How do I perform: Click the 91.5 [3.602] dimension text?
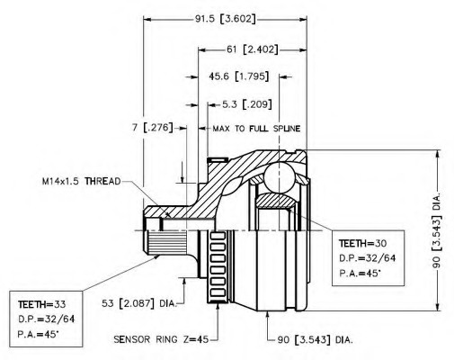pos(226,19)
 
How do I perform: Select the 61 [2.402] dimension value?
pos(252,49)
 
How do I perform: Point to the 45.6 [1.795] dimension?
pos(238,76)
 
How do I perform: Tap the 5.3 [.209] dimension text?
pos(247,104)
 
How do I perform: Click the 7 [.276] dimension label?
pos(153,128)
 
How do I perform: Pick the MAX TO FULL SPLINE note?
pos(256,129)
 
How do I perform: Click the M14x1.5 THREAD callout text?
pos(81,181)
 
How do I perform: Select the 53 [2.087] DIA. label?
pos(138,303)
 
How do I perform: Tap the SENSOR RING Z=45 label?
pos(161,339)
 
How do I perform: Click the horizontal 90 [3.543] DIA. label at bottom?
pos(315,340)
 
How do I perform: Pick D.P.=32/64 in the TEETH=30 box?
pos(367,258)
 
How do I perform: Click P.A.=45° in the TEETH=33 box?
pos(39,334)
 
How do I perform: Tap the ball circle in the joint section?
pos(279,177)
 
